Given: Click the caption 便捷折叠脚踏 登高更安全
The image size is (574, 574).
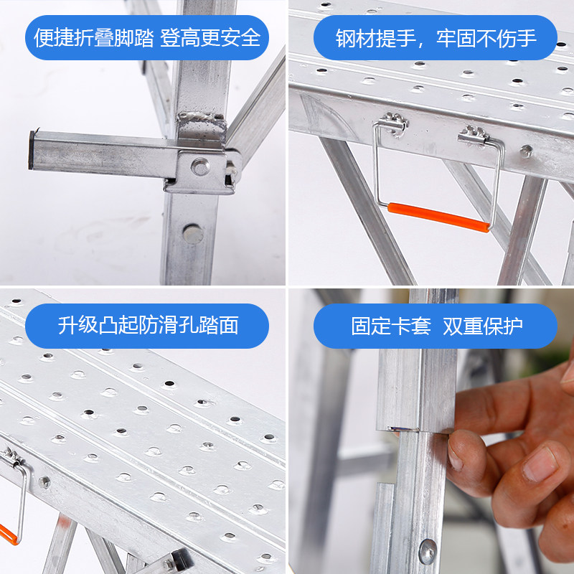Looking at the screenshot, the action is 147,38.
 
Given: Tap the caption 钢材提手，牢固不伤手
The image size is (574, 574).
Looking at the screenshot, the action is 436,38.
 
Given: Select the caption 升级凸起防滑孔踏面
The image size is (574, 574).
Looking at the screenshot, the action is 148,326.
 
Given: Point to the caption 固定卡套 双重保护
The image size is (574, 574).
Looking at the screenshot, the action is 436,326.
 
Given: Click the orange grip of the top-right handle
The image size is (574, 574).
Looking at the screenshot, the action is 438,217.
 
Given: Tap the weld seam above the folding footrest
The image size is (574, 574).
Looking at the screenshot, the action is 201,120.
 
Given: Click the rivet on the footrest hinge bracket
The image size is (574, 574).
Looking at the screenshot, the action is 200,167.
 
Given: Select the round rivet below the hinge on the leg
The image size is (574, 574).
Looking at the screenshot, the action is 192,234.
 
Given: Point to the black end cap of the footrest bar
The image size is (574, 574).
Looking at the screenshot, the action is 32,150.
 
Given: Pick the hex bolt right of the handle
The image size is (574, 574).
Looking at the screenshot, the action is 526,151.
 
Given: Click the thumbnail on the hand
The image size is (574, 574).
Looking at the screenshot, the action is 540,464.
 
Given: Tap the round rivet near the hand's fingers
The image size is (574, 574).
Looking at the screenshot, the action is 428,552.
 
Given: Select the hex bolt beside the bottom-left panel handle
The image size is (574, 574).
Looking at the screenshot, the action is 44,482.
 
